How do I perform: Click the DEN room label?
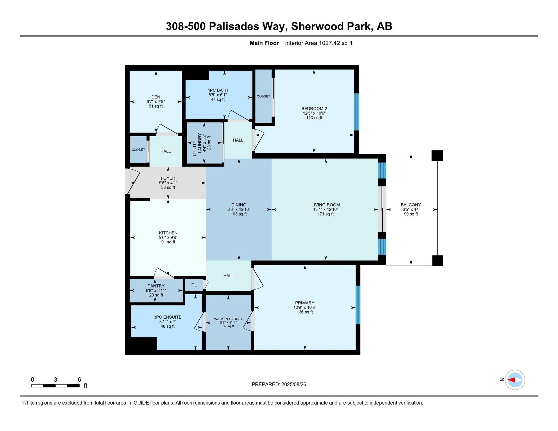[155, 97]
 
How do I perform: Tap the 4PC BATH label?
[218, 90]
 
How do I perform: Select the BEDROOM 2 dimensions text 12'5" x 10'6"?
[314, 113]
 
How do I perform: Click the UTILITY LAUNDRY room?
[204, 143]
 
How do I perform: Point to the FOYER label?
[168, 178]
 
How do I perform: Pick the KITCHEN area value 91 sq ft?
[168, 242]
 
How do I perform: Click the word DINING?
[239, 205]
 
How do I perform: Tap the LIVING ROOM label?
[325, 205]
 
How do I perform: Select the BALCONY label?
[411, 205]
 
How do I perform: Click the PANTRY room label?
[156, 286]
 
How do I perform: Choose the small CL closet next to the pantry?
[194, 285]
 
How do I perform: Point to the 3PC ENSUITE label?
[167, 317]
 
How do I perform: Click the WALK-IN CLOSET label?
[228, 319]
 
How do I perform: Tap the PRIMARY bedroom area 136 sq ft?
[305, 312]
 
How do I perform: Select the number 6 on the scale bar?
[79, 380]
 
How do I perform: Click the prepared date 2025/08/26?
[294, 385]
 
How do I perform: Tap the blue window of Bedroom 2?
[357, 112]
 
